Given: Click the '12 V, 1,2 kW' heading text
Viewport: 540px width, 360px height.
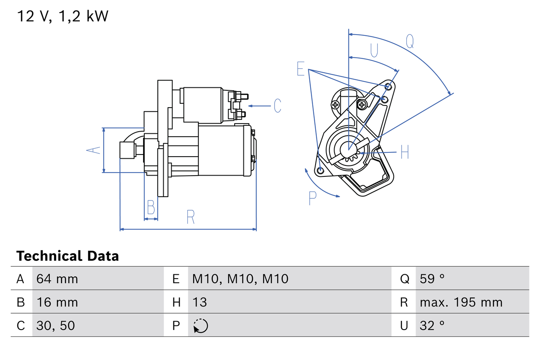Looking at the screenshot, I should pos(62,17).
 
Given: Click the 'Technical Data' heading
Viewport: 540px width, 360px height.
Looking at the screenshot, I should pos(67,256).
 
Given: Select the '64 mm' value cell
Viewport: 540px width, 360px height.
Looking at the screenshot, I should pos(57,279).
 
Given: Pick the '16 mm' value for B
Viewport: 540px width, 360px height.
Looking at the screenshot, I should pos(57,302).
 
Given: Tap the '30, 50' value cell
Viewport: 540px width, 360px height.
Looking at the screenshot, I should pos(56,325).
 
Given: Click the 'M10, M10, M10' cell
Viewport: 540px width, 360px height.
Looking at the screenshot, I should pos(240,279).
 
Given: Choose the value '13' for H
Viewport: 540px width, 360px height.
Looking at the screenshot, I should pos(200,302).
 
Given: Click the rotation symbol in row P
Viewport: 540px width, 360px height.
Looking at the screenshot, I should pos(200,326).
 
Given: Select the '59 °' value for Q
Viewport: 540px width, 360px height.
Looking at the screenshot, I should pos(432,279).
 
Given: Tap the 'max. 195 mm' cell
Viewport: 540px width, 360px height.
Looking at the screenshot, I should pos(461,302).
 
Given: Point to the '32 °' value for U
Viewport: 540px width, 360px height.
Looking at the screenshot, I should pos(432,325).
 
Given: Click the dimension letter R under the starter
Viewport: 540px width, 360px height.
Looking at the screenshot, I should pos(190,217).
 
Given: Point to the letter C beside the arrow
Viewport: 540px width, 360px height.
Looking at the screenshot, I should pos(277,106).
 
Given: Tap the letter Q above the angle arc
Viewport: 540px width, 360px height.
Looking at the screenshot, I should pos(410,41).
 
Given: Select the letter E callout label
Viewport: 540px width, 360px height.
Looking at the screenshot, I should pos(300,69).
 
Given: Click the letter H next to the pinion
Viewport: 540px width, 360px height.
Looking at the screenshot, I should pos(405,152).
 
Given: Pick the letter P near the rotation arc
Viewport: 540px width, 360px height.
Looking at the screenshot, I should pos(312,198).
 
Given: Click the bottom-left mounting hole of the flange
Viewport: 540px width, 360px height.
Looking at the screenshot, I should pos(320,171).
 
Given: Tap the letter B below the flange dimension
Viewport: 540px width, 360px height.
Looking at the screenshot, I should pos(151,208).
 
